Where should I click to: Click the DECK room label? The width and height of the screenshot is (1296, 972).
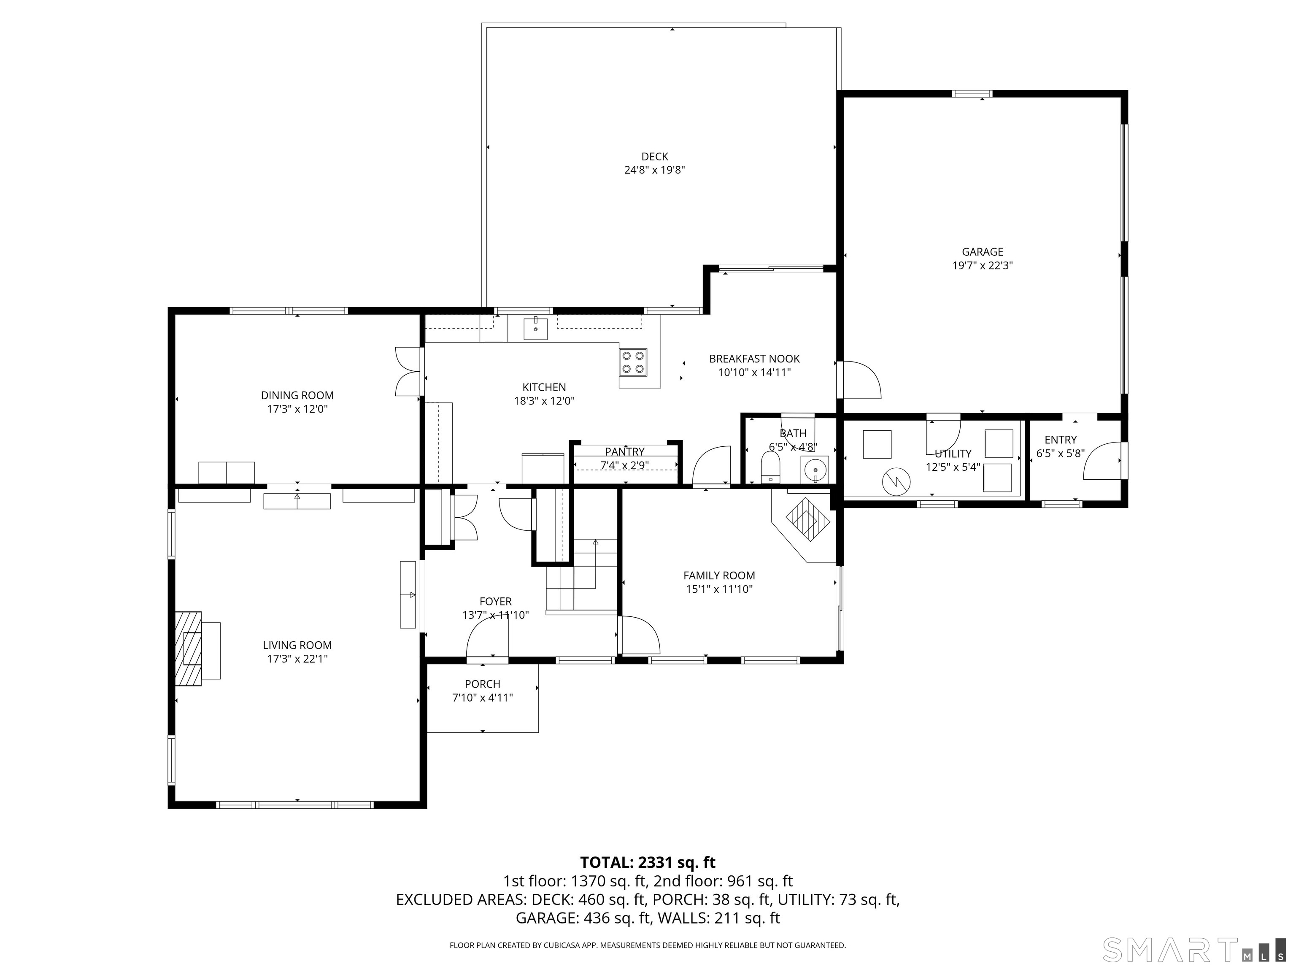pyautogui.click(x=654, y=157)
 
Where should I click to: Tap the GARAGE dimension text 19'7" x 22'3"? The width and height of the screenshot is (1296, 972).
pyautogui.click(x=983, y=265)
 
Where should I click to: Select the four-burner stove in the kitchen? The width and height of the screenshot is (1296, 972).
pyautogui.click(x=633, y=362)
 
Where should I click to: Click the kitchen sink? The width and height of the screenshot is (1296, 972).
pyautogui.click(x=535, y=328)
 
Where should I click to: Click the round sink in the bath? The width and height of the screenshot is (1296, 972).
pyautogui.click(x=815, y=470)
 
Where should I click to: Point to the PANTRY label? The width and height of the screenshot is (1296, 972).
pyautogui.click(x=624, y=452)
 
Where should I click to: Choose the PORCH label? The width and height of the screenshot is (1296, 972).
pyautogui.click(x=482, y=684)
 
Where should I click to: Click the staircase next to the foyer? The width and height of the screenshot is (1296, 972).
pyautogui.click(x=581, y=575)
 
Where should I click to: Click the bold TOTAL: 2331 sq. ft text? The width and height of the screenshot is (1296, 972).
pyautogui.click(x=648, y=862)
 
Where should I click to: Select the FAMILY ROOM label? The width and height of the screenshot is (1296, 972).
pyautogui.click(x=719, y=575)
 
